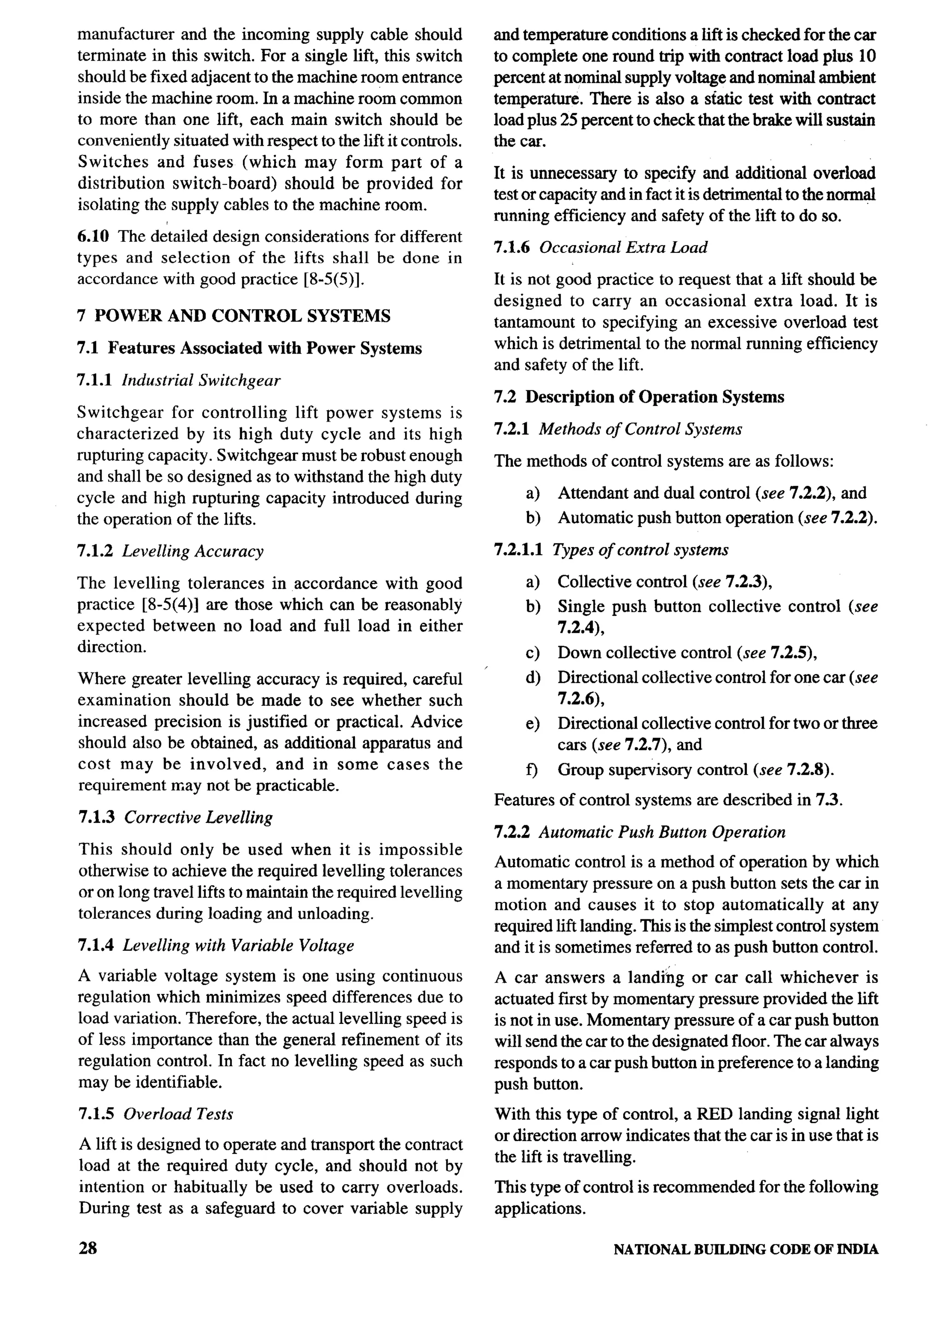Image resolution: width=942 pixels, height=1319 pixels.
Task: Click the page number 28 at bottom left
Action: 87,1248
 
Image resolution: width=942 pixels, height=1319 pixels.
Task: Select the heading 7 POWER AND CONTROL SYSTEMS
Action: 234,316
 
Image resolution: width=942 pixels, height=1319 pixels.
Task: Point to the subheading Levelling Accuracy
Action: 193,551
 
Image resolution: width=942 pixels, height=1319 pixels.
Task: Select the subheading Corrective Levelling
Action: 198,817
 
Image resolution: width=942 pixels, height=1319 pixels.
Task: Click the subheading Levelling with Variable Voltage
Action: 238,946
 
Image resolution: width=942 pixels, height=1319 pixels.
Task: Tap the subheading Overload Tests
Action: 178,1114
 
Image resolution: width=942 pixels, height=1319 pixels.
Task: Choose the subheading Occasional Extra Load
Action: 623,247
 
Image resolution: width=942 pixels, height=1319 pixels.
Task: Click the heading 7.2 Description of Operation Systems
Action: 638,397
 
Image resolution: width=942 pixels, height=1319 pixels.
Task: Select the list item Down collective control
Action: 644,653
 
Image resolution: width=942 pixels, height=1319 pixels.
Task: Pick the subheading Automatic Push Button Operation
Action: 662,832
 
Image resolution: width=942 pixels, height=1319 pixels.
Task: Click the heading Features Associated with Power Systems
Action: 264,348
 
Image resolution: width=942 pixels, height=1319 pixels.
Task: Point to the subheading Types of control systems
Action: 640,550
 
